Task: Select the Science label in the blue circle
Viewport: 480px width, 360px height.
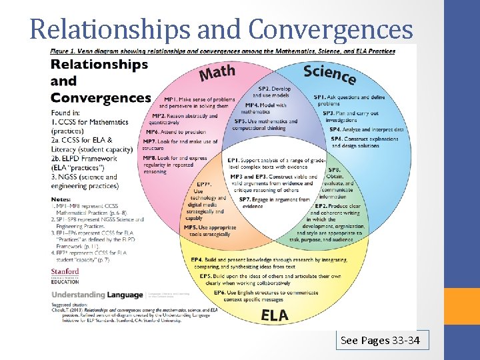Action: (329, 73)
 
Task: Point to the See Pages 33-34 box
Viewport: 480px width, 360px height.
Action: (380, 341)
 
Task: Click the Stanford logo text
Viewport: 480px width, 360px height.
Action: (65, 272)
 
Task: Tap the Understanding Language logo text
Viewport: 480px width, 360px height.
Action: (97, 295)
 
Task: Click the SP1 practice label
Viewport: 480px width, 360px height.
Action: (321, 97)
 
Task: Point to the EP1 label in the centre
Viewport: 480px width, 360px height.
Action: (235, 161)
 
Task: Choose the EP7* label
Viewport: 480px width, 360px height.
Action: (205, 184)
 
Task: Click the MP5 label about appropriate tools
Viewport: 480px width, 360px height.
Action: (191, 228)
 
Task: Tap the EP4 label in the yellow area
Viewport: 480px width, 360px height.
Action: (197, 259)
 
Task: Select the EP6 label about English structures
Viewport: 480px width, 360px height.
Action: (220, 293)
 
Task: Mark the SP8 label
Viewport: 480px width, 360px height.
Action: (334, 170)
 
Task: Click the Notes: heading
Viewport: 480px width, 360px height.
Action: (61, 199)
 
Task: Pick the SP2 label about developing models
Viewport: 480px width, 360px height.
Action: (265, 89)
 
